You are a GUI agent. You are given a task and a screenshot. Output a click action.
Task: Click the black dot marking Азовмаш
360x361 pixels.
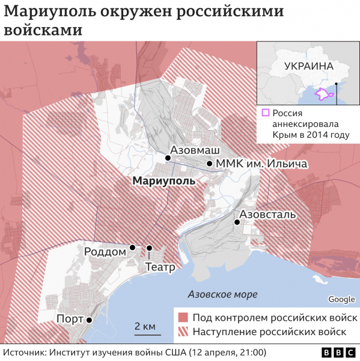pyautogui.click(x=168, y=158)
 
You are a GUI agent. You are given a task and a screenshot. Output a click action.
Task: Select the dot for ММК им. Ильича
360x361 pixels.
pyautogui.click(x=209, y=164)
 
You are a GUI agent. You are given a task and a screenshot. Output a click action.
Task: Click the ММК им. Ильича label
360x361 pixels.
pyautogui.click(x=261, y=164)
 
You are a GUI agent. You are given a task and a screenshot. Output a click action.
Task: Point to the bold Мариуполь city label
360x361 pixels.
pyautogui.click(x=163, y=180)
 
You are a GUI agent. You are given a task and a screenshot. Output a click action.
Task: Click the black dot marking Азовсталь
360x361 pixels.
pyautogui.click(x=237, y=222)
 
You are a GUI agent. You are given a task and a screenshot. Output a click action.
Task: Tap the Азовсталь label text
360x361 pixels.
pyautogui.click(x=267, y=214)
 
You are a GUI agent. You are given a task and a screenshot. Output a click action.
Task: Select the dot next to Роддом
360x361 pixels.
pyautogui.click(x=132, y=247)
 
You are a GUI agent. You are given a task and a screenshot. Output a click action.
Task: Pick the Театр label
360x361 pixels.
pyautogui.click(x=160, y=266)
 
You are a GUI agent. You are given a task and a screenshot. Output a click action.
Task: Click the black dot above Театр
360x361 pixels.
pyautogui.click(x=149, y=248)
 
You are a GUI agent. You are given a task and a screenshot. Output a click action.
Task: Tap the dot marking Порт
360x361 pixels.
pyautogui.click(x=89, y=320)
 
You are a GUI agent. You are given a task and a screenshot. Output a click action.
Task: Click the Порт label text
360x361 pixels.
pyautogui.click(x=69, y=319)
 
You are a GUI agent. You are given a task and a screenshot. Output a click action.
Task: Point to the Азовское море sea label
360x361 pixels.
pyautogui.click(x=222, y=295)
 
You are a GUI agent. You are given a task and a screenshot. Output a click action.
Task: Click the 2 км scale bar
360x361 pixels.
pyautogui.click(x=145, y=332)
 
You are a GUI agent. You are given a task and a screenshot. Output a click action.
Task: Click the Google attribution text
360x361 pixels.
pyautogui.click(x=341, y=300)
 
